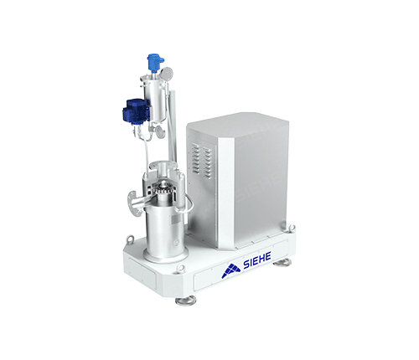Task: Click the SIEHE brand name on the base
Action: click(257, 260)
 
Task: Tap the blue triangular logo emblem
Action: click(231, 270)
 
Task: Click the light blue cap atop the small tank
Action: click(155, 62)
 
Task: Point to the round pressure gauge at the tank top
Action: click(167, 73)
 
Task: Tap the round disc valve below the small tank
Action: click(160, 131)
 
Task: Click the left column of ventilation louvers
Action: click(195, 157)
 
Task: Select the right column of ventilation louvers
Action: click(207, 162)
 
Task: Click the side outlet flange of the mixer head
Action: click(133, 203)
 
